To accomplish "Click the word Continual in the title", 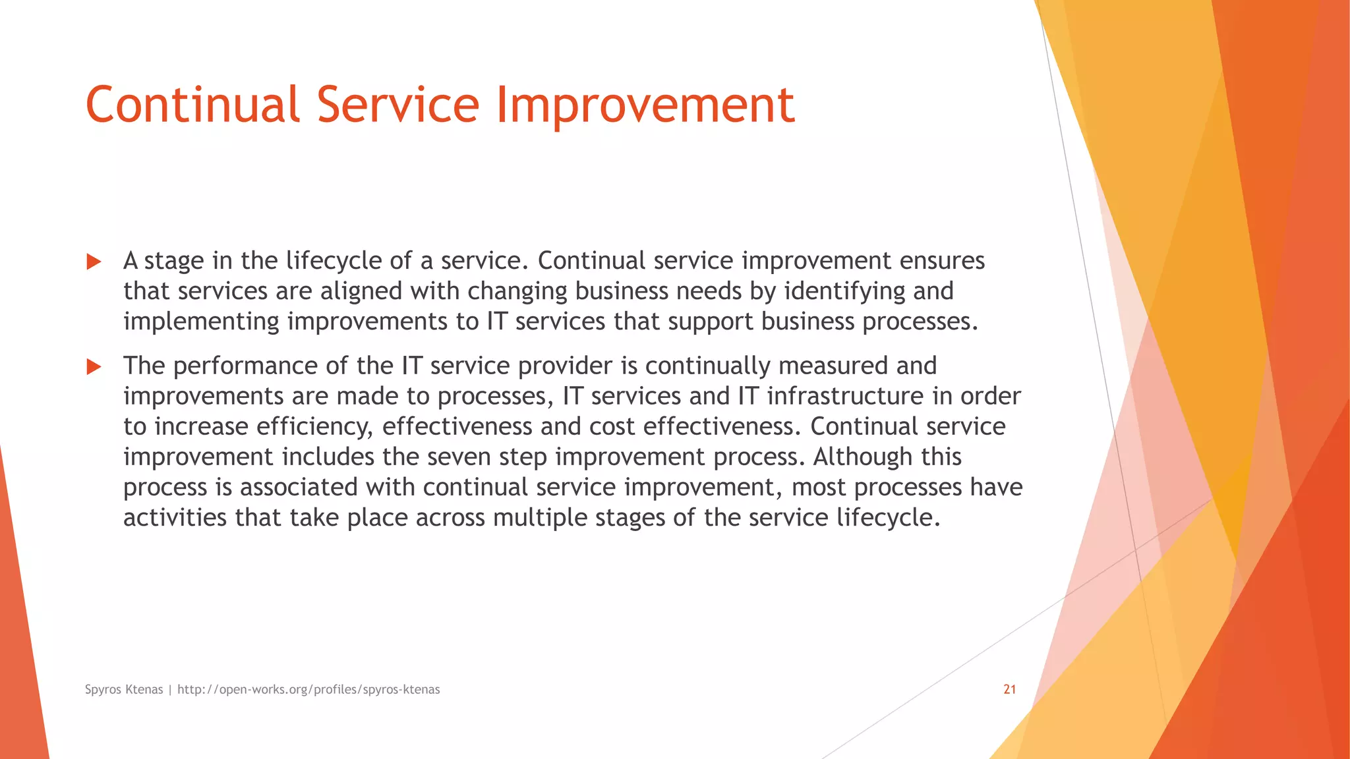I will pos(192,105).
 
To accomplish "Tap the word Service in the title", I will pos(397,105).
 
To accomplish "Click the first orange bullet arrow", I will pos(94,262).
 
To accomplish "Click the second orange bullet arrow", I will pos(94,367).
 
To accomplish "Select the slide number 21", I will pos(1009,689).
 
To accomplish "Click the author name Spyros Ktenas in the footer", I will pos(124,689).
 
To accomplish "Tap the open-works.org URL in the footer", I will pos(308,689).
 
